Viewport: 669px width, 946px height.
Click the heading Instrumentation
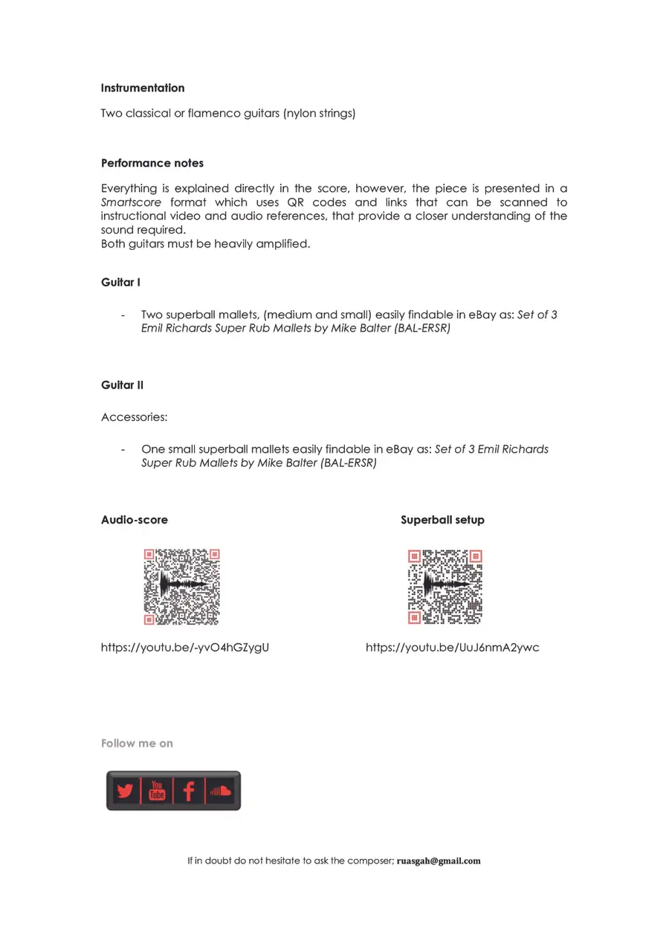click(x=143, y=88)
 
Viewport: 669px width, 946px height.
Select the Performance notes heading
click(x=152, y=163)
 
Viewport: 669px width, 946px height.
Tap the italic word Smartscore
click(x=131, y=202)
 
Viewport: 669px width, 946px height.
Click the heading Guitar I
click(x=120, y=283)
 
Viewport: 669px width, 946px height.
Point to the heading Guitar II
click(x=122, y=384)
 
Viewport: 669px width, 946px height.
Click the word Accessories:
click(x=135, y=417)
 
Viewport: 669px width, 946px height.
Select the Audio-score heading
click(x=135, y=520)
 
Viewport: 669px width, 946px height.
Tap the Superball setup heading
click(x=442, y=520)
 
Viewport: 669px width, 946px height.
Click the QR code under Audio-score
click(x=182, y=587)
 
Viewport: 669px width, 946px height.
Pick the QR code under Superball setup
click(x=445, y=587)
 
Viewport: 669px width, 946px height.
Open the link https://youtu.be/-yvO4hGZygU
click(x=185, y=648)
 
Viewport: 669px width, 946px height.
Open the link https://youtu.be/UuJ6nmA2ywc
click(x=453, y=648)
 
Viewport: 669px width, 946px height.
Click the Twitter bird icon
click(x=124, y=791)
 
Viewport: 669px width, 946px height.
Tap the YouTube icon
click(x=157, y=791)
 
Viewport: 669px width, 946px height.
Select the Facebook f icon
click(x=189, y=791)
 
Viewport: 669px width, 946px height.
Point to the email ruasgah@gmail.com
click(x=439, y=861)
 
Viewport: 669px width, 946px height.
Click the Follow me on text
click(x=137, y=743)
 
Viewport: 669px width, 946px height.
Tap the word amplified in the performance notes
click(x=281, y=244)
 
